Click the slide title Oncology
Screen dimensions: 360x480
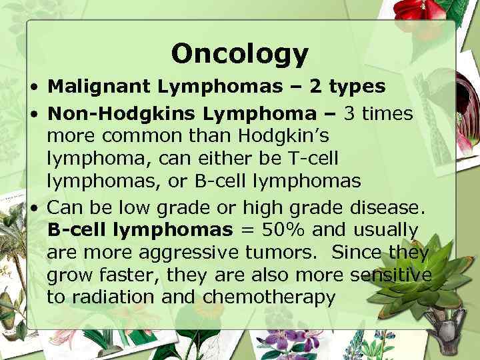[239, 53]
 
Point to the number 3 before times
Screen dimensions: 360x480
[351, 114]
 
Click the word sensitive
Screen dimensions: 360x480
[393, 275]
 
